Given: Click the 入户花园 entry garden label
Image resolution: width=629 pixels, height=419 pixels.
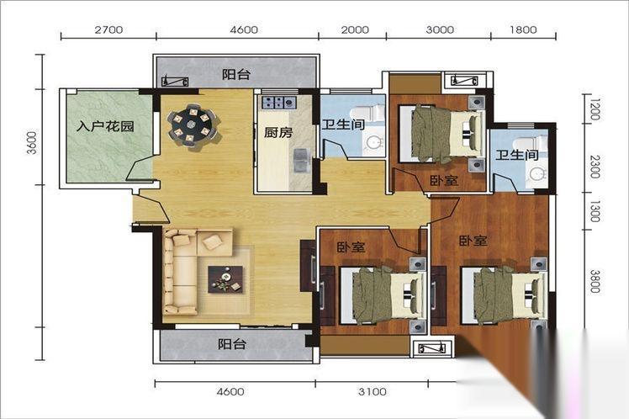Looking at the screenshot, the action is [105, 126].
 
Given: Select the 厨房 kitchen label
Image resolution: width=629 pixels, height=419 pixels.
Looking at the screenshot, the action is [278, 132].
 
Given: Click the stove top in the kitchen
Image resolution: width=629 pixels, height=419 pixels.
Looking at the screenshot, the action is [279, 102].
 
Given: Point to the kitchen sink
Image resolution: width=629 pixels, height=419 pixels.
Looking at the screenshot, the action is [300, 160].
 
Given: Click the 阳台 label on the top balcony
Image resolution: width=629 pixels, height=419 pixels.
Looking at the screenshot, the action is [236, 74].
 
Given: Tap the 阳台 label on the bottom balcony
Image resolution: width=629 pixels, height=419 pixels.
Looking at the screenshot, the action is [232, 344].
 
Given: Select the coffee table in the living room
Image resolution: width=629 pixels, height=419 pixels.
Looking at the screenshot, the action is [225, 279].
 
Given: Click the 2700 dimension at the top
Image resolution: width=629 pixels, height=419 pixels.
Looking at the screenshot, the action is [108, 29].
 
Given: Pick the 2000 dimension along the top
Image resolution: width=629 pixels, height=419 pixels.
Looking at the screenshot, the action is [355, 29].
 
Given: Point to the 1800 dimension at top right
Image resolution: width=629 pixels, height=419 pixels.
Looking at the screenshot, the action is [523, 29].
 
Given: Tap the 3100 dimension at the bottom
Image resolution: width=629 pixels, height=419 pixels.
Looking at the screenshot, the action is [373, 391].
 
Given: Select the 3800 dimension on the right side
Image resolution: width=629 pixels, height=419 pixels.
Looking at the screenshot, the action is [595, 281].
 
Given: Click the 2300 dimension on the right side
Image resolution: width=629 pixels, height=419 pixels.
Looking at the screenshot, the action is [595, 167].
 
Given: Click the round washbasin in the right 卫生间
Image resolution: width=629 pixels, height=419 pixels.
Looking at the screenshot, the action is [536, 175].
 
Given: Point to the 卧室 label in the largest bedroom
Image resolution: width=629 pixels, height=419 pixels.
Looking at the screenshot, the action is [473, 241].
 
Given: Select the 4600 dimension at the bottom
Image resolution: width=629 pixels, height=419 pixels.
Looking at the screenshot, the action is [230, 391].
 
